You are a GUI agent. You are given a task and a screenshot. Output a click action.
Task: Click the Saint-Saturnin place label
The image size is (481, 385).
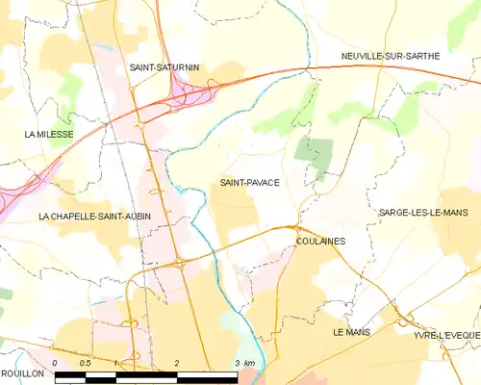coord(164,68)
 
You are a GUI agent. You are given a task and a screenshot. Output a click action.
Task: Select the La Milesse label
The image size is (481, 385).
coord(49,135)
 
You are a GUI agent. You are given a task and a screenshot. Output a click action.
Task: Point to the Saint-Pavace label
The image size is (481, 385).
coord(249,182)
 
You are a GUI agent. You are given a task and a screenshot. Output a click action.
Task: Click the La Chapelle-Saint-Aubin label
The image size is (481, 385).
coord(95,218)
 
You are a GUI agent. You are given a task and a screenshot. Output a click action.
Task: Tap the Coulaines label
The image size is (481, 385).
coord(321,242)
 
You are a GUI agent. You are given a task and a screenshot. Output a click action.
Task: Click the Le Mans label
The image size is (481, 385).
coord(351,331)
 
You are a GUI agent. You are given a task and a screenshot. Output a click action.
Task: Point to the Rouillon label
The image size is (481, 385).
coord(22,372)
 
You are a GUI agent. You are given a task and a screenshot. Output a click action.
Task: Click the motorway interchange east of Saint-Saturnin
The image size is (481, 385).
coord(188,92)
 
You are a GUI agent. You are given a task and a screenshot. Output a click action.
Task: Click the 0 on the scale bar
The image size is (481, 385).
coord(56,363)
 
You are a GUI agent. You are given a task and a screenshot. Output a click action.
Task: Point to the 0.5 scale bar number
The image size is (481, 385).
coord(85,363)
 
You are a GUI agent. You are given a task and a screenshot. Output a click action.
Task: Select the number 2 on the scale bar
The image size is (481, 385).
coord(177,363)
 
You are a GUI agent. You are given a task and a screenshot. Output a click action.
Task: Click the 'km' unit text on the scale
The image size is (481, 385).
coord(248,363)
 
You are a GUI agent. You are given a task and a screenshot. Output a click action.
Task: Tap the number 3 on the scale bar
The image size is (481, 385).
coord(236,363)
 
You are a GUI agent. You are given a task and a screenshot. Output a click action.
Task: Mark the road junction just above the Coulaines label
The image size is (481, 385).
coord(297,227)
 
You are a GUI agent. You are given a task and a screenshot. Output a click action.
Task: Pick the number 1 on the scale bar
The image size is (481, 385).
coord(115,363)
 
